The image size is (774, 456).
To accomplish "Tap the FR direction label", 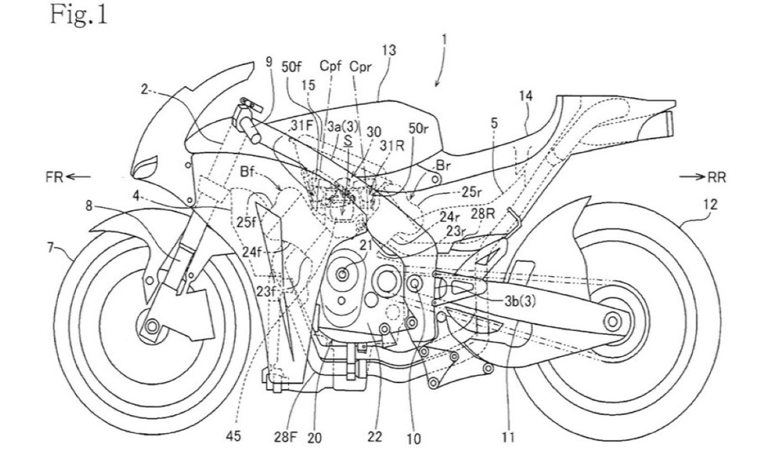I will (55, 177).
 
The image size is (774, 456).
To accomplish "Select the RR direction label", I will (716, 177).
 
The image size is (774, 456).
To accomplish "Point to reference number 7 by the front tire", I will (51, 248).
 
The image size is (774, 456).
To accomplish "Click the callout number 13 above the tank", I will (389, 50).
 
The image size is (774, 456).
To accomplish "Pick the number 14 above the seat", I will (526, 96).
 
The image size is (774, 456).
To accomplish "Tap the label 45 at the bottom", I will (234, 437).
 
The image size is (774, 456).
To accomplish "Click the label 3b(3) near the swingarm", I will (520, 302).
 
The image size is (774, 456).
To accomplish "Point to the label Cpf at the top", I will (330, 65).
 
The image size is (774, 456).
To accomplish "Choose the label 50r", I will (419, 128).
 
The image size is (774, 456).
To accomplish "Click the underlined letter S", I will (347, 142).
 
